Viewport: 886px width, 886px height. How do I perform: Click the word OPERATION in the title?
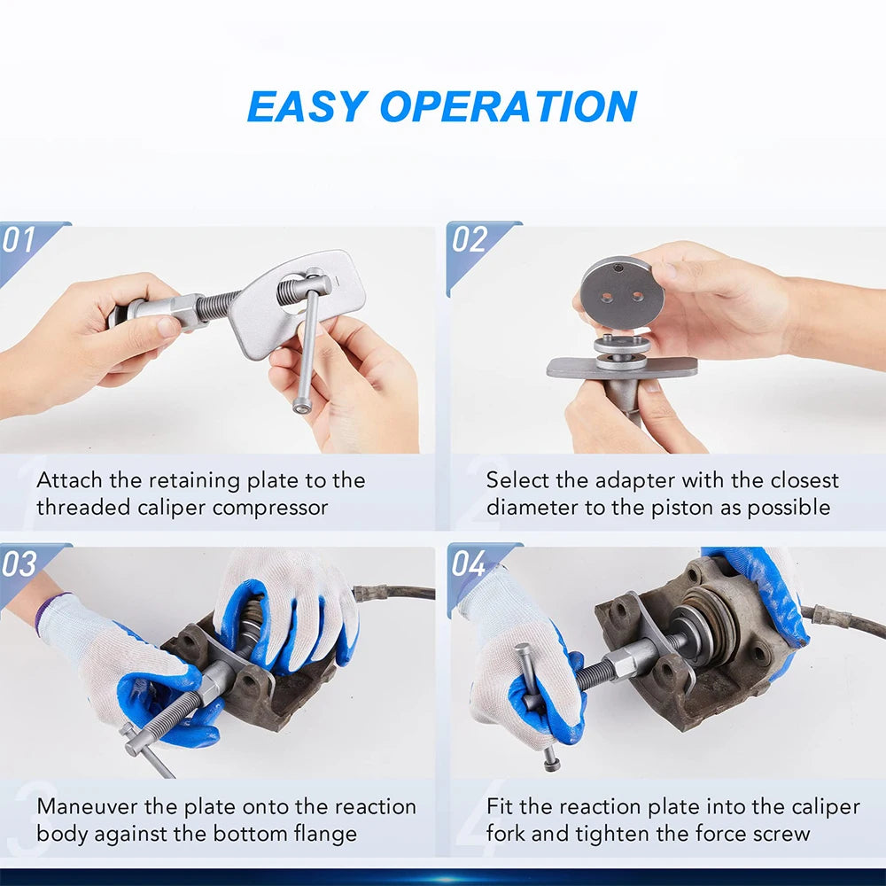(x=508, y=106)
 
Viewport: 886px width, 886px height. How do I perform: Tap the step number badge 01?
(x=19, y=240)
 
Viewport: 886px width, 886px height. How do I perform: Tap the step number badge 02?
(x=470, y=240)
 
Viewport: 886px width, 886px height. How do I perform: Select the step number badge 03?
(x=19, y=564)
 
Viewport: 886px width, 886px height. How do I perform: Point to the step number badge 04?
(x=470, y=564)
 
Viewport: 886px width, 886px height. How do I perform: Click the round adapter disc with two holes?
(x=622, y=292)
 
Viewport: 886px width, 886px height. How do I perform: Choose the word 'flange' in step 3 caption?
(x=325, y=835)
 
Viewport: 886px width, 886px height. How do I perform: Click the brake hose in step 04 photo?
(x=846, y=620)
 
